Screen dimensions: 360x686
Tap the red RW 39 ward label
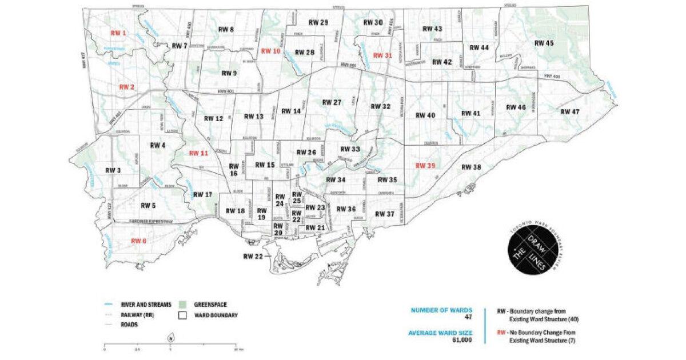[x=425, y=166]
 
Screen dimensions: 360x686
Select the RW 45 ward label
[x=544, y=43]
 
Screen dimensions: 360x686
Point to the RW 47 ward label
[x=570, y=112]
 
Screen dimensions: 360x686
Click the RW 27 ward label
[x=331, y=102]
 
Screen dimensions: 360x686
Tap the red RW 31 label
[x=382, y=55]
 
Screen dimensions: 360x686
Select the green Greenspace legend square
[x=181, y=305]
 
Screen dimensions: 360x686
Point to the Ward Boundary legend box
[x=181, y=314]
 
